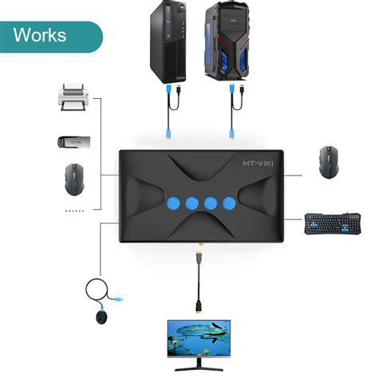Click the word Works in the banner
[x=40, y=36]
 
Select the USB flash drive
[x=74, y=141]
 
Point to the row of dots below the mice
[x=74, y=210]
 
